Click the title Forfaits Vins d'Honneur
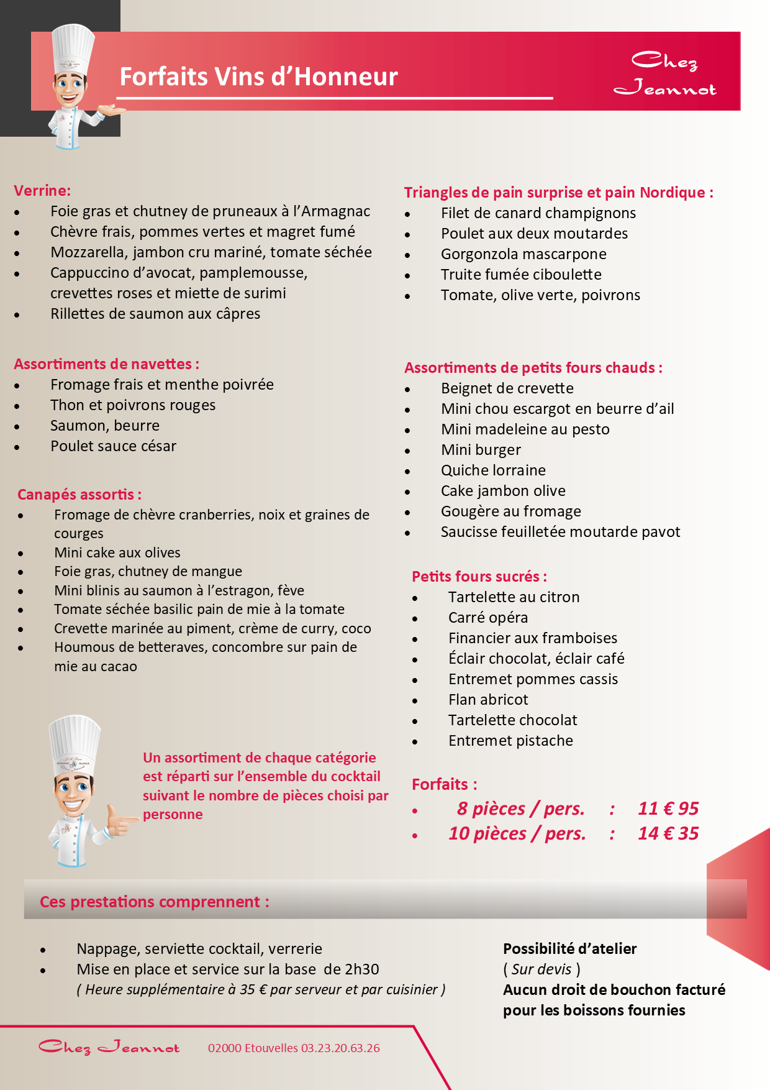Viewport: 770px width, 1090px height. [258, 77]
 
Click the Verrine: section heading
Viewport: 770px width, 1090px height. [42, 191]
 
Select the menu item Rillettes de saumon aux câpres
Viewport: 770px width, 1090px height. [155, 314]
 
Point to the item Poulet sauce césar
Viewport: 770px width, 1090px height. [113, 446]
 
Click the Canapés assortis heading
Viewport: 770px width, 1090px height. [79, 495]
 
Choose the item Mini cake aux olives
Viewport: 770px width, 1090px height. [117, 552]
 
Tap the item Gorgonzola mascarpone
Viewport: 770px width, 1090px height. [523, 254]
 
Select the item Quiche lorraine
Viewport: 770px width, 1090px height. [493, 470]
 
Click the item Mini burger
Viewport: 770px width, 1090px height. [481, 450]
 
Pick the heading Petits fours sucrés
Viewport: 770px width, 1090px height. [479, 577]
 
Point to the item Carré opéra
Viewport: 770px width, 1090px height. [488, 618]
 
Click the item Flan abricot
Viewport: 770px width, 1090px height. [488, 700]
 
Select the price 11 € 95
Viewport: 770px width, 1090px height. [668, 808]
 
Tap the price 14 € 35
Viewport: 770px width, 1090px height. [668, 833]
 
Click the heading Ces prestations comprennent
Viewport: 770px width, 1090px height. [154, 902]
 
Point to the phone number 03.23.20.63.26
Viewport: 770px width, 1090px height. [340, 1048]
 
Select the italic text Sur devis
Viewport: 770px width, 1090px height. [541, 969]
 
